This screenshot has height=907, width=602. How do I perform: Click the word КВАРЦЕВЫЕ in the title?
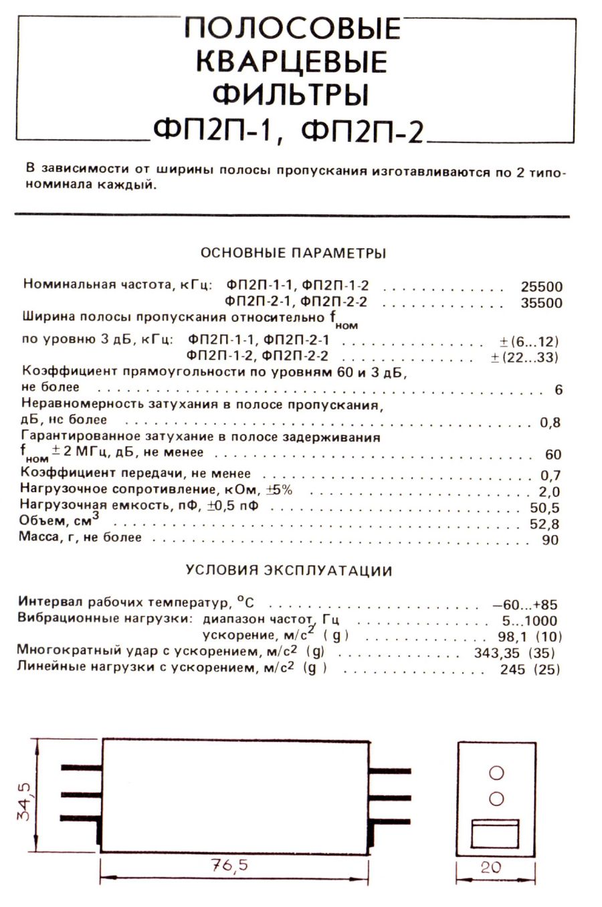point(292,62)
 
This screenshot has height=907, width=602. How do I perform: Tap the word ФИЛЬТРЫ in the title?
point(291,94)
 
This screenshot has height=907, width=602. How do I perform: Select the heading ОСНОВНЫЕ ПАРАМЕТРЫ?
point(293,254)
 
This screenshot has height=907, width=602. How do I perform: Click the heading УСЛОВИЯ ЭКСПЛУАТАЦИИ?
point(289,571)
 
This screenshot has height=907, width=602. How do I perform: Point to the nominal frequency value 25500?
point(541,286)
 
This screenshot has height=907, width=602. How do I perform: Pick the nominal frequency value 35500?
point(541,302)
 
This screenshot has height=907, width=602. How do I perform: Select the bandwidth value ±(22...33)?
point(524,357)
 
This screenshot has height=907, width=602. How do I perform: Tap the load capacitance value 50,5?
point(544,508)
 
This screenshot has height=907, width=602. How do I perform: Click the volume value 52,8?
point(544,524)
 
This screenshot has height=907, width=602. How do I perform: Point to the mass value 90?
point(550,540)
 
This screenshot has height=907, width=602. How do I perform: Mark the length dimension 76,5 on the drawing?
point(229,865)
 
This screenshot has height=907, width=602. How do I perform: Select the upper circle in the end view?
point(496,773)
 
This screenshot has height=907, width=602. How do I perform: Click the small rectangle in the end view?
point(495,834)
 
